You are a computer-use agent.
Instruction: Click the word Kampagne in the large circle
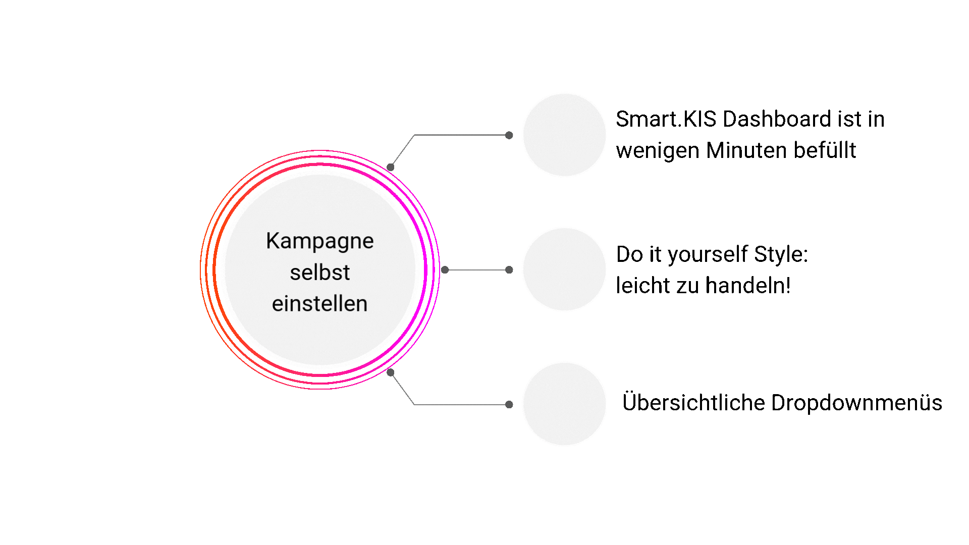[x=319, y=241]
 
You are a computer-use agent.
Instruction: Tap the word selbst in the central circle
[x=319, y=272]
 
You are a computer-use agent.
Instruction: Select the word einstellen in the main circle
[x=319, y=304]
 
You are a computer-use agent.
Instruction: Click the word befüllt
[x=824, y=150]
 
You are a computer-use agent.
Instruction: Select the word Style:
[x=781, y=254]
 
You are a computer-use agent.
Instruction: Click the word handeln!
[x=748, y=286]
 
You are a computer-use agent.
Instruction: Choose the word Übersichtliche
[x=693, y=403]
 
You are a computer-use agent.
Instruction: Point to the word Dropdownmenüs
[x=856, y=403]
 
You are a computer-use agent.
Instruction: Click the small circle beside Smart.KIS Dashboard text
[x=564, y=135]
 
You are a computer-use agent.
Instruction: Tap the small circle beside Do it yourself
[x=564, y=269]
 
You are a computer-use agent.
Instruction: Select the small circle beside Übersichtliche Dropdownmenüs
[x=564, y=404]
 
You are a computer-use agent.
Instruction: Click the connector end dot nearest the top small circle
[x=509, y=135]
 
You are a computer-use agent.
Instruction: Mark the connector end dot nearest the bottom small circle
[x=509, y=404]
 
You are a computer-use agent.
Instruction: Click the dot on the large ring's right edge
[x=445, y=270]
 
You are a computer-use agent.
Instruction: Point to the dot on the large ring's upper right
[x=390, y=167]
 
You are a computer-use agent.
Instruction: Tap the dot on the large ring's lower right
[x=390, y=372]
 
